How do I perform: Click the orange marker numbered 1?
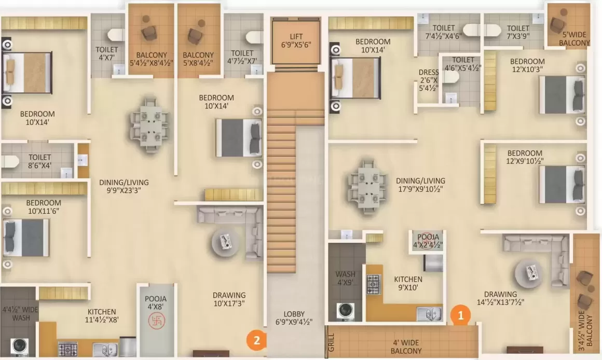pos(460,314)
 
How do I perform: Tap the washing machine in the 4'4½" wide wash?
pos(19,347)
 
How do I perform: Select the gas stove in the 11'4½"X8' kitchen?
pos(67,348)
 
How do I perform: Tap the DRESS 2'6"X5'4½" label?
pos(429,80)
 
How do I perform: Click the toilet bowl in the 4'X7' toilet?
pos(114,35)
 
